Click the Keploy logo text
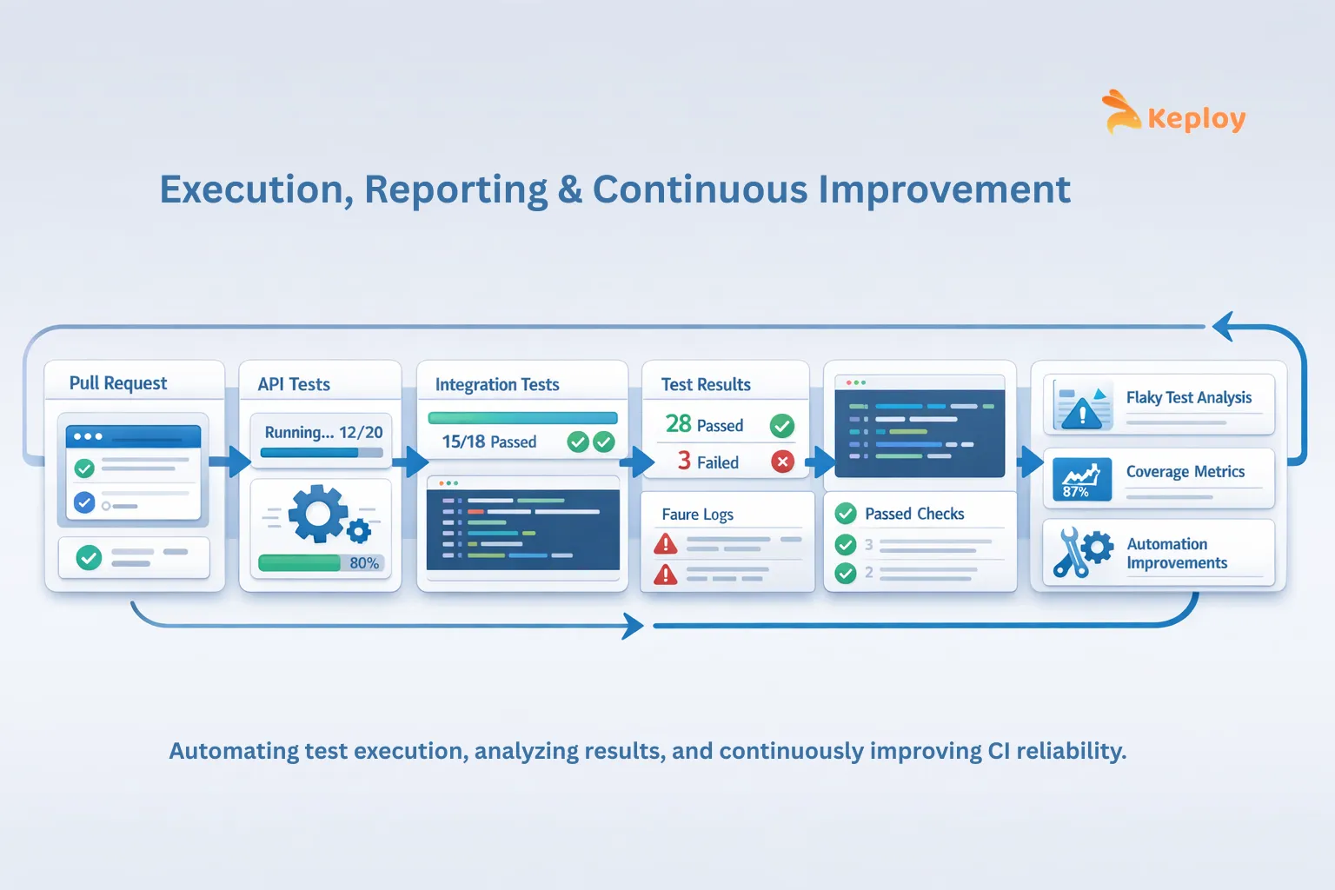1196,119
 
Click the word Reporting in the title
455,190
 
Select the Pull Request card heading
118,382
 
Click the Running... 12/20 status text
323,432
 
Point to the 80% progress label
364,562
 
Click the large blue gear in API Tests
317,514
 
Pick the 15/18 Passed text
488,442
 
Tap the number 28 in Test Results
678,424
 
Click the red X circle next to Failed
782,462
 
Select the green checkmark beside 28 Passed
782,426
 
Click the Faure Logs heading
697,514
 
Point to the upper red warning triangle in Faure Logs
665,544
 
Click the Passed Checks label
914,514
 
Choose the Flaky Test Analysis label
1188,397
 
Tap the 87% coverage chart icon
1082,479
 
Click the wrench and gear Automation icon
1082,552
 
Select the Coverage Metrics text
1186,472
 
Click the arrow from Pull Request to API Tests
230,462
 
